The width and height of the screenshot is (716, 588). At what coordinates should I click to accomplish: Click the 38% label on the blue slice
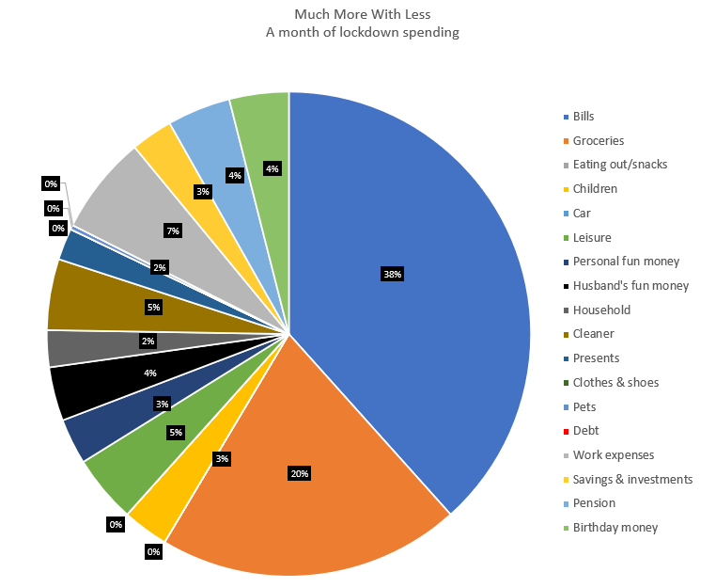tap(392, 275)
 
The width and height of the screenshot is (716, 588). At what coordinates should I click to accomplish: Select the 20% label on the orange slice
tap(300, 473)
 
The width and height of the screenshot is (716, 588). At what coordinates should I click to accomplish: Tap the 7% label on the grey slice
tap(172, 230)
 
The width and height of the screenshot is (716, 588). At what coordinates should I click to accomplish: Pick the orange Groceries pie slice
tap(310, 508)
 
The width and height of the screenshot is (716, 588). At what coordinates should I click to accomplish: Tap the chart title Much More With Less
tap(357, 15)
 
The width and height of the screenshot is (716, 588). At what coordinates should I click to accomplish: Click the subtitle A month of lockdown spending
tap(357, 32)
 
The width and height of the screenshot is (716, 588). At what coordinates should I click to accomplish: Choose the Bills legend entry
tap(583, 116)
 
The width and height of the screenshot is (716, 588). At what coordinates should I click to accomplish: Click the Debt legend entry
tap(584, 431)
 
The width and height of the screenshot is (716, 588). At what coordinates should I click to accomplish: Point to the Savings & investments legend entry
tap(631, 479)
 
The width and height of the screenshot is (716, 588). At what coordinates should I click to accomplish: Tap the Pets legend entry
tap(584, 406)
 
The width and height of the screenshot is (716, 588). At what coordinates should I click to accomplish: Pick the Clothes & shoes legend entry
tap(615, 382)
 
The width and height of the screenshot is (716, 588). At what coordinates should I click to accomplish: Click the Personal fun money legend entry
tap(626, 261)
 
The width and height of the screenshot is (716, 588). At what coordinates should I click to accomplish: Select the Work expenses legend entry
tap(613, 455)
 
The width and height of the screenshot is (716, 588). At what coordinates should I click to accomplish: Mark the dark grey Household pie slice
tap(66, 348)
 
